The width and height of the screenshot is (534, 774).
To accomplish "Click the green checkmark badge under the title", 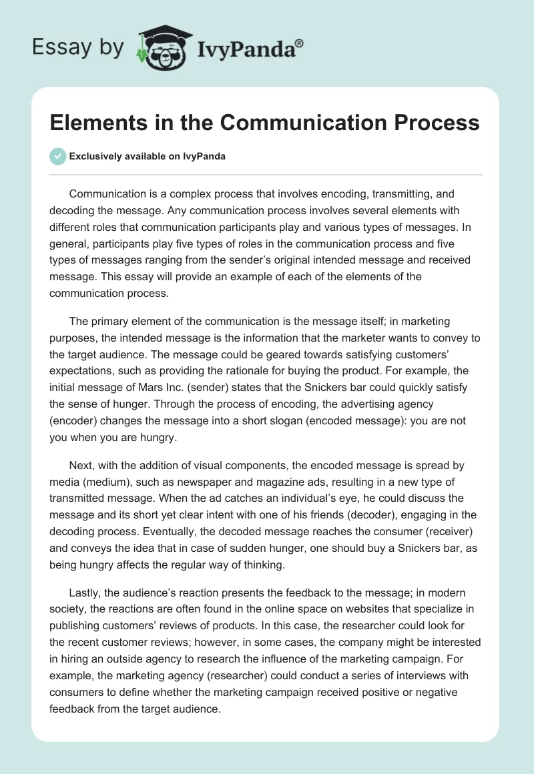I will (58, 156).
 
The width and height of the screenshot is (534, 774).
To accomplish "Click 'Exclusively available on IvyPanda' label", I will (147, 156).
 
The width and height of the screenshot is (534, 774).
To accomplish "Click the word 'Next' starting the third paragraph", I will (80, 465).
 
